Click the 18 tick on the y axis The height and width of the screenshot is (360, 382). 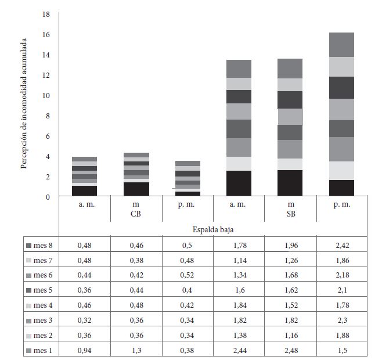pos(46,14)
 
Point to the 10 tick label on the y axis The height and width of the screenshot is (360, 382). pos(46,95)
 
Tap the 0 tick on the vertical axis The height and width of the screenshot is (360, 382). pos(48,197)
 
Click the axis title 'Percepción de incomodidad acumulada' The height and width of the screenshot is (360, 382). pos(24,105)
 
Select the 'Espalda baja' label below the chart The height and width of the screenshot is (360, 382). pos(213,230)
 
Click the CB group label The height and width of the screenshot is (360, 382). pos(136,214)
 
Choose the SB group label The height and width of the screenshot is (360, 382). pos(290,214)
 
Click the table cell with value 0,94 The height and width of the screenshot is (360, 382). pos(84,350)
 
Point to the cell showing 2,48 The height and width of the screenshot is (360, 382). pos(290,350)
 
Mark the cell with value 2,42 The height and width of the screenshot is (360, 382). pos(342,245)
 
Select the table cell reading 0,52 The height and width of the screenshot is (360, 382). pos(188,275)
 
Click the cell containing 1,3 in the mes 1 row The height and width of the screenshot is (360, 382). pos(136,350)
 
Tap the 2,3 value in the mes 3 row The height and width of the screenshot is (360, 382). pos(342,320)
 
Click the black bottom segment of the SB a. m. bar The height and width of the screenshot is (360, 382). pos(239,183)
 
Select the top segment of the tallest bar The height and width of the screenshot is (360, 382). pos(342,45)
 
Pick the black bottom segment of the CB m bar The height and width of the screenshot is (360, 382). pos(136,189)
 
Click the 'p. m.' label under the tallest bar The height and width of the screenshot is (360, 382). pos(342,205)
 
